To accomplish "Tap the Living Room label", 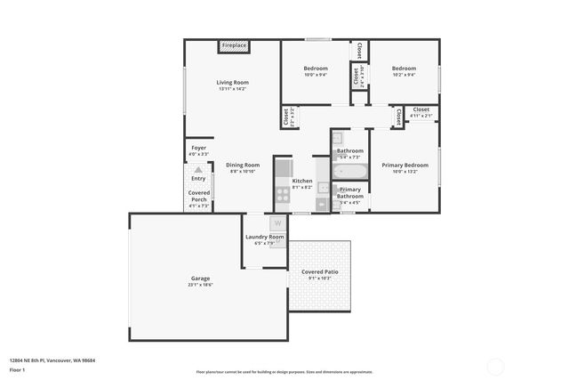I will (x=232, y=83).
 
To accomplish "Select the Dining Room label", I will (x=242, y=165).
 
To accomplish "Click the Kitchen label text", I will (x=302, y=181).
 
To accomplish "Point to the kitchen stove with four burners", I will (x=283, y=192).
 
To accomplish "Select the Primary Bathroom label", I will (x=350, y=192).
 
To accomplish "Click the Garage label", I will (x=200, y=278).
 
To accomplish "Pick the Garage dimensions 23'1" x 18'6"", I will (x=200, y=285).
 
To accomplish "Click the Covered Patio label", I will (x=318, y=271).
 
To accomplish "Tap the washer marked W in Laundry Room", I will (x=277, y=223).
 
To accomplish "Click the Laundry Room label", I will (x=265, y=237).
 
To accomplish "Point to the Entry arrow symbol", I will (x=198, y=168).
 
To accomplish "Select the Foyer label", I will (x=199, y=148).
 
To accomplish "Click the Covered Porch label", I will (x=198, y=196).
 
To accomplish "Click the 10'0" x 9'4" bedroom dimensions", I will (x=316, y=75).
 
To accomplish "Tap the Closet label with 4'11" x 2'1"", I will (x=421, y=115).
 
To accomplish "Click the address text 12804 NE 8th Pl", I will (x=52, y=360).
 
